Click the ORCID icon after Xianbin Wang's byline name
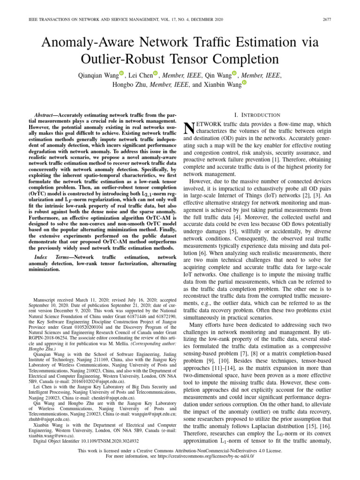(x=244, y=83)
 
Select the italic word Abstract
(x=48, y=115)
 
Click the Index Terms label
(x=52, y=258)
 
